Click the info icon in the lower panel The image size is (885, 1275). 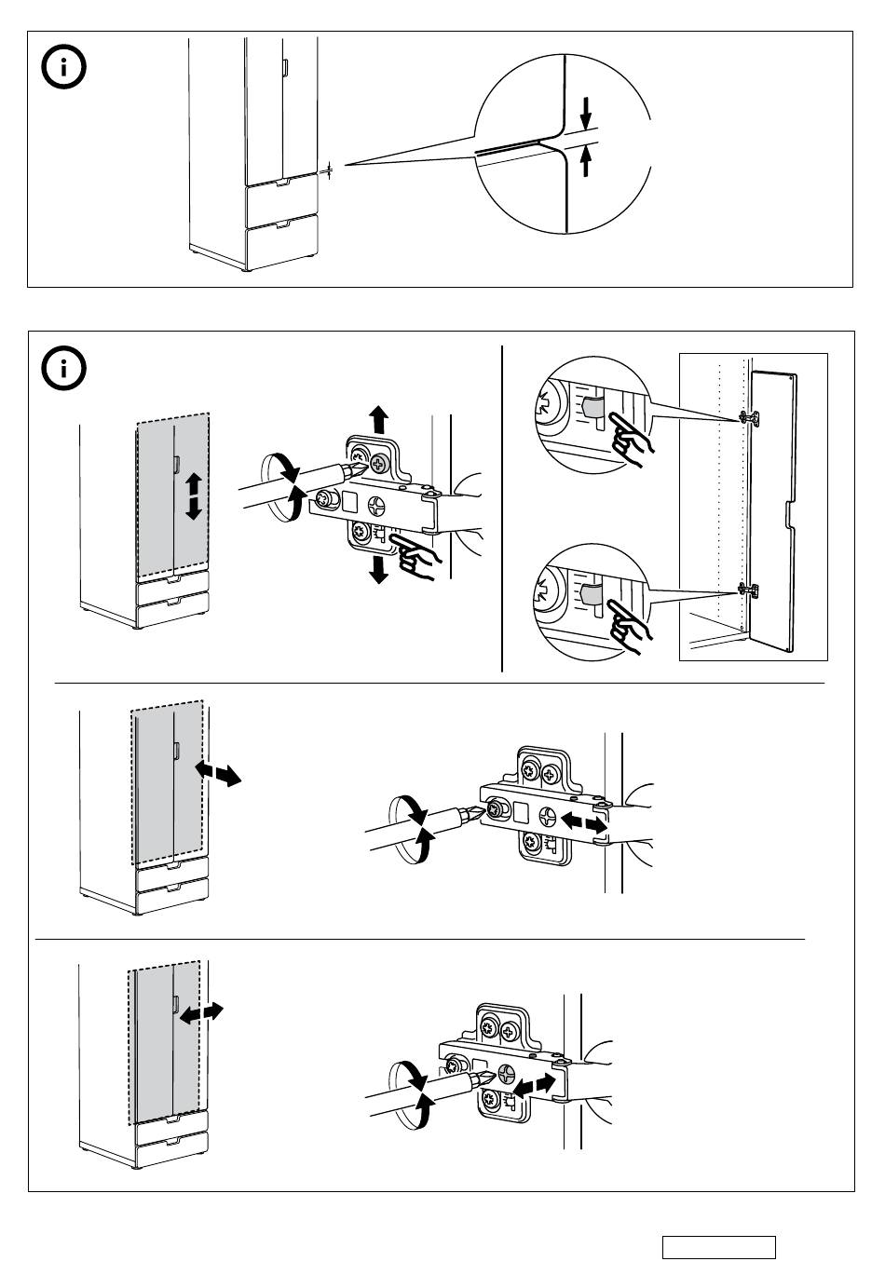(64, 369)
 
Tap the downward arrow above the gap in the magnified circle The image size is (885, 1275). (586, 113)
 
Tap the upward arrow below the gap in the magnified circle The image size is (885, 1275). (586, 163)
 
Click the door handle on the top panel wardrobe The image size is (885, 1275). (286, 68)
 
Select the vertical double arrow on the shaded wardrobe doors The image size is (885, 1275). (193, 495)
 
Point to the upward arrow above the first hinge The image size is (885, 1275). (378, 419)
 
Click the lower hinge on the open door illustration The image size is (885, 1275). (747, 590)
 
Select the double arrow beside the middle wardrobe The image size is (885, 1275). (218, 772)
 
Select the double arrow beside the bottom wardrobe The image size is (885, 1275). (200, 1013)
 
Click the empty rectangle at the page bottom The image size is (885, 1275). (718, 1247)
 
